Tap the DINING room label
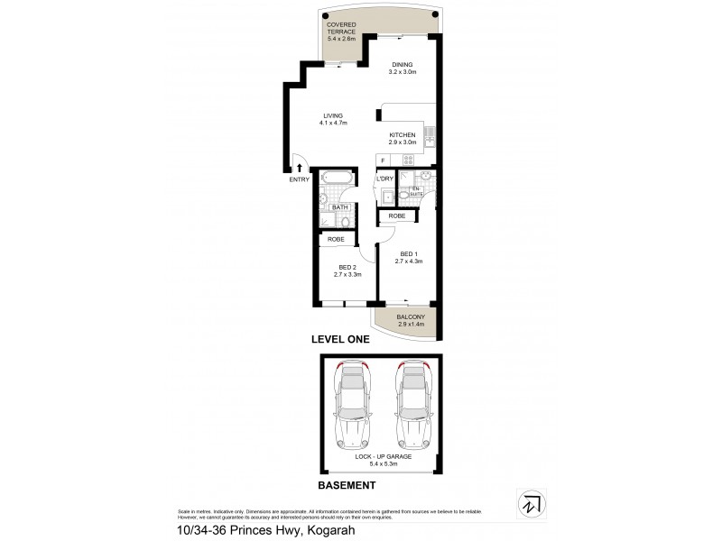402,64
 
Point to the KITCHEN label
402,134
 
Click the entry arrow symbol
299,167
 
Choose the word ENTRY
299,179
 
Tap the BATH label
339,207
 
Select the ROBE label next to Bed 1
397,216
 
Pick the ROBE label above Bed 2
336,239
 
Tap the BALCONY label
411,317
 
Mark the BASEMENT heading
347,485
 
